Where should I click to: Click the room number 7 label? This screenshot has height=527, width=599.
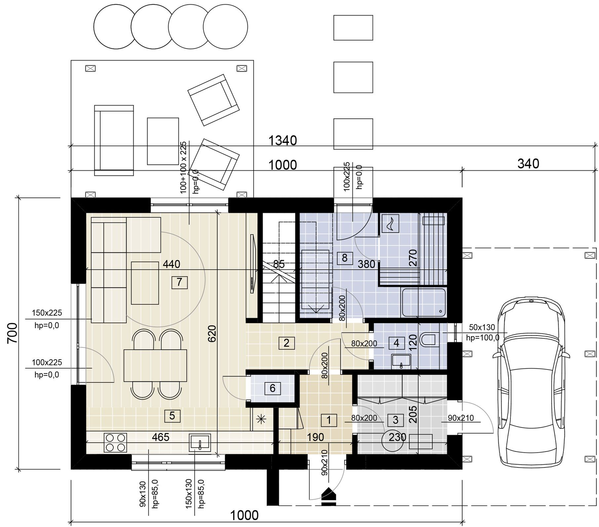[x=180, y=282]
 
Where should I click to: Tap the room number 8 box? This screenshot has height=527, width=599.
[x=344, y=258]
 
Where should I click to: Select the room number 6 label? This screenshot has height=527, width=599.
[x=272, y=388]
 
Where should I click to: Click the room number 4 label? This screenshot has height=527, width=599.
[x=396, y=343]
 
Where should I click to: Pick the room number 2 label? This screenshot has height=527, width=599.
[x=286, y=343]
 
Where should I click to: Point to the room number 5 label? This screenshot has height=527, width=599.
[x=172, y=416]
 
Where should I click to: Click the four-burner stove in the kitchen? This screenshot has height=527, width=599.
[x=116, y=443]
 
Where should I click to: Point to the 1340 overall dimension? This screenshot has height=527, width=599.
[x=282, y=141]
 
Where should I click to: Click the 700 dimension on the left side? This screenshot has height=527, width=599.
[x=12, y=333]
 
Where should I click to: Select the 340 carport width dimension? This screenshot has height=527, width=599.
[x=528, y=164]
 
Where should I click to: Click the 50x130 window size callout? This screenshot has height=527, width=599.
[x=482, y=328]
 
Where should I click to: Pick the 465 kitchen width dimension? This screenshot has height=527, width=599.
[x=161, y=437]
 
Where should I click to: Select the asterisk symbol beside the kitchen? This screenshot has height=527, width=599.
[x=261, y=419]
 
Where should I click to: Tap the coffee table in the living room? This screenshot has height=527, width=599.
[x=145, y=283]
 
